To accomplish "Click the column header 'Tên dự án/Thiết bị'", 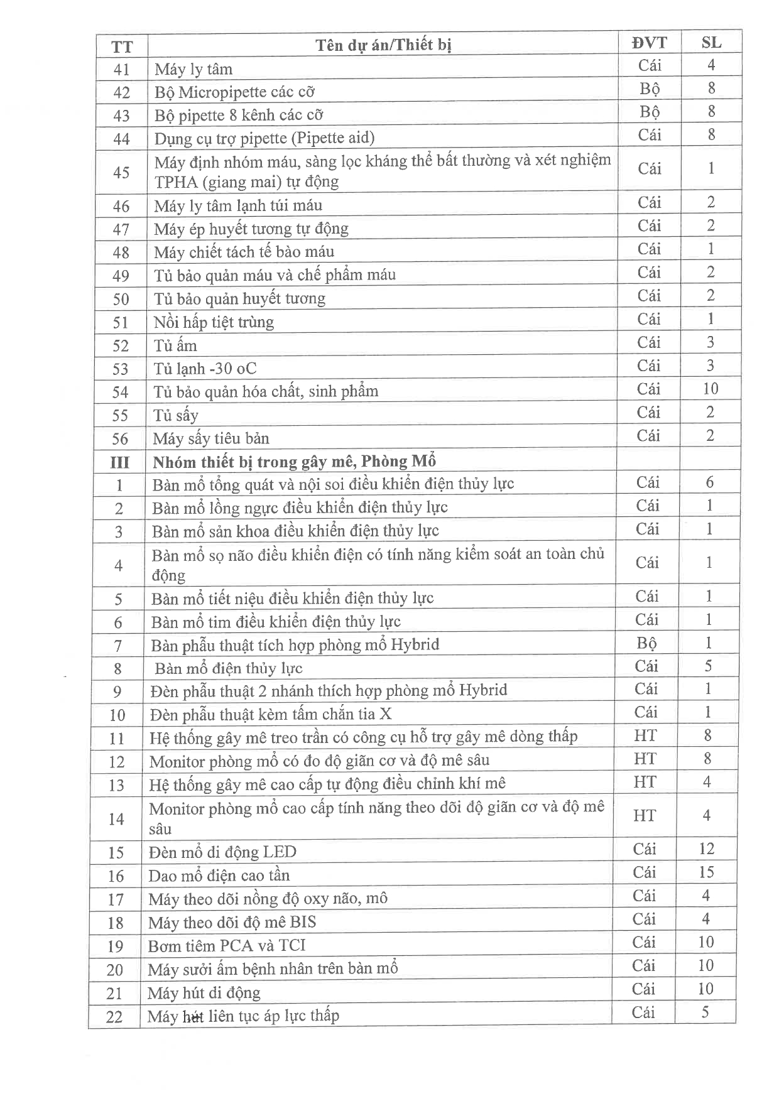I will point(383,45).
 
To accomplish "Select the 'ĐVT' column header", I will point(650,43).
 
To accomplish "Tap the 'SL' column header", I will point(711,43).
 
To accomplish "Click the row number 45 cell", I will point(121,172).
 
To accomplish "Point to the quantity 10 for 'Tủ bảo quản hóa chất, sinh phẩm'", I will point(710,389).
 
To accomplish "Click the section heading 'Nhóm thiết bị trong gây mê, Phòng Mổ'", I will point(294,462).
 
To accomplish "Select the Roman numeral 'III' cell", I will point(119,463).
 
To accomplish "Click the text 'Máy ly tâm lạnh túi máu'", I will point(237,205).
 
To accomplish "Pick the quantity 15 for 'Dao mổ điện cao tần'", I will point(706,872).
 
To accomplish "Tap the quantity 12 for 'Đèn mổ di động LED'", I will point(706,849).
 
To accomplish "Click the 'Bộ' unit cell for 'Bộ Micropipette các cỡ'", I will point(649,89).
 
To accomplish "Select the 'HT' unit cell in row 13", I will point(645,782).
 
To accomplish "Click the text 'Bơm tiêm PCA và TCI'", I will point(226,945).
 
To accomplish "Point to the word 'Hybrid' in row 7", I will point(415,644).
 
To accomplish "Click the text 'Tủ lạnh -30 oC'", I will point(205,368).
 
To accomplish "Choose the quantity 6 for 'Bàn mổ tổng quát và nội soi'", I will point(709,482).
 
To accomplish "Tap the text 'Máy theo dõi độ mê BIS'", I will point(231,922).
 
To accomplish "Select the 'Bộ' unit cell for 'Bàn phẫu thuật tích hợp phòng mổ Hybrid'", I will point(646,643).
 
